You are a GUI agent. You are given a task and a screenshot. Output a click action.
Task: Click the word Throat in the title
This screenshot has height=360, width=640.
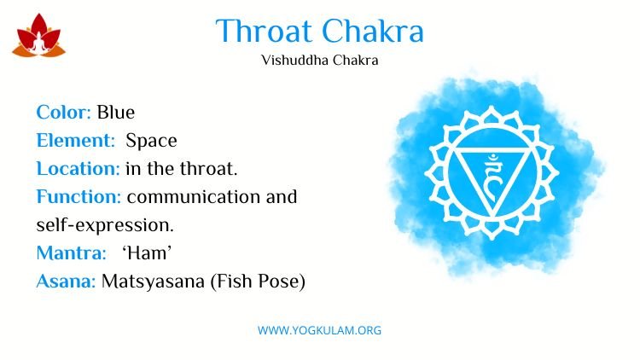coord(264,31)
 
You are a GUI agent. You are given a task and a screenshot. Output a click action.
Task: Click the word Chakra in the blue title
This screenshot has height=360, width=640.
coord(373,31)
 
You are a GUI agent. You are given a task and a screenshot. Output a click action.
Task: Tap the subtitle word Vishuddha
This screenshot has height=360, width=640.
coord(294,61)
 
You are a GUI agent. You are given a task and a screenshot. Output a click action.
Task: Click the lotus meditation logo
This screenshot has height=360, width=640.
coord(38,36)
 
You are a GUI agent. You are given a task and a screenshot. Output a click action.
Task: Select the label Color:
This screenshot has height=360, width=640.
coord(63,113)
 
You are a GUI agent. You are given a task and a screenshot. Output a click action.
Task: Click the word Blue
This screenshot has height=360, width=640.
coord(115,113)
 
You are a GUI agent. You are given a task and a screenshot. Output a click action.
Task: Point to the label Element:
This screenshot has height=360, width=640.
coord(75,141)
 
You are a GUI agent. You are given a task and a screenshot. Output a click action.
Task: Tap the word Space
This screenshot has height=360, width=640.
coord(151,142)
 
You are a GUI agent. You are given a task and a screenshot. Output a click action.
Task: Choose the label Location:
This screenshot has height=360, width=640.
coord(78,169)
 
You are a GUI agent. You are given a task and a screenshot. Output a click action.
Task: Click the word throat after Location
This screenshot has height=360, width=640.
coord(208,169)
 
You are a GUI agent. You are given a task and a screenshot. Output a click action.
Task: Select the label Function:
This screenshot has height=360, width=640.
coord(79,197)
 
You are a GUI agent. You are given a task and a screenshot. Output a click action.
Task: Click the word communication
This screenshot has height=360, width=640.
coord(194,197)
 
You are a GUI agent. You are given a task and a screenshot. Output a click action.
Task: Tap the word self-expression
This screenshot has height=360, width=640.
coord(105,225)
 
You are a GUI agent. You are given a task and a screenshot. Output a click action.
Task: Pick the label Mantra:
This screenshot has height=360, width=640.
coord(71,253)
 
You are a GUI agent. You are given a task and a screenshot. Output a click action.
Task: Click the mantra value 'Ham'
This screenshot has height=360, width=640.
coord(147,253)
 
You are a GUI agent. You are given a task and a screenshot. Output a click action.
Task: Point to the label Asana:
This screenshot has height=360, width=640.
coord(66,282)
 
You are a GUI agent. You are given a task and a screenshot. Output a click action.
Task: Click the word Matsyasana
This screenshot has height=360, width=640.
coord(153,282)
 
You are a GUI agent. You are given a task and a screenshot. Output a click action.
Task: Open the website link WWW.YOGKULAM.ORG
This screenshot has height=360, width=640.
coord(319,330)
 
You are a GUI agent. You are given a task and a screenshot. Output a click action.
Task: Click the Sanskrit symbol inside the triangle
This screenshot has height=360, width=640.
coord(492,177)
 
